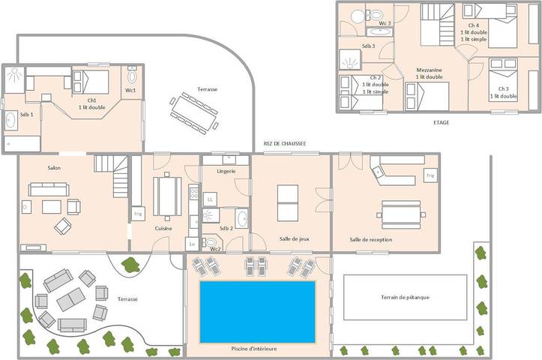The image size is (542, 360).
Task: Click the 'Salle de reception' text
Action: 371,239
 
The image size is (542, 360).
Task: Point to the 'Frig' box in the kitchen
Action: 138,214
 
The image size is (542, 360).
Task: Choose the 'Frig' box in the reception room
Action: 430,175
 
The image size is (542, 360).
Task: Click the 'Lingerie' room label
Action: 226,171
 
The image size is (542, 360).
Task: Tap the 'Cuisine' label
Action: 165,228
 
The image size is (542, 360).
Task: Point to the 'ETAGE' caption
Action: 442,122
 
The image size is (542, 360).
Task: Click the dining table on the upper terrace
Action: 194,109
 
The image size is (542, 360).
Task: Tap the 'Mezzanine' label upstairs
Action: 429,70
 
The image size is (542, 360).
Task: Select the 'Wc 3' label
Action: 385,23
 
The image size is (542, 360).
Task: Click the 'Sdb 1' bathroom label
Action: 26,113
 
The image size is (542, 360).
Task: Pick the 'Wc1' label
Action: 130,91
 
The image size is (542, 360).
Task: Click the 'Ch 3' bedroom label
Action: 503,88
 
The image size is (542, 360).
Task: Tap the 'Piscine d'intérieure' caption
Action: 256,348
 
